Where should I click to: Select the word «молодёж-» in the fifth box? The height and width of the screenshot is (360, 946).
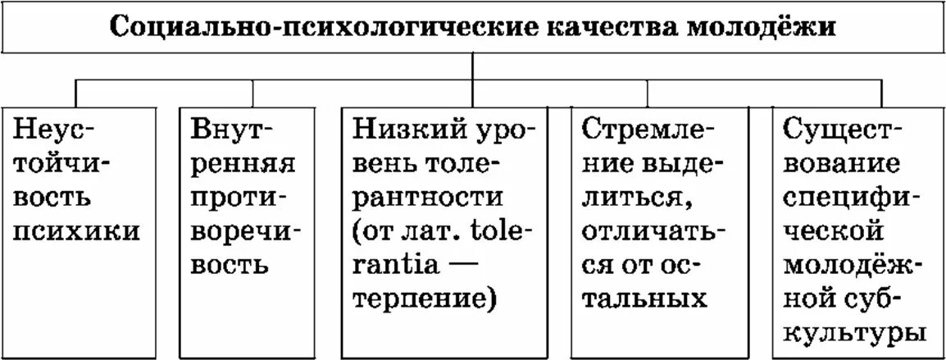(x=851, y=266)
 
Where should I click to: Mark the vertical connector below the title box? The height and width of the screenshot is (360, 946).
(x=473, y=64)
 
